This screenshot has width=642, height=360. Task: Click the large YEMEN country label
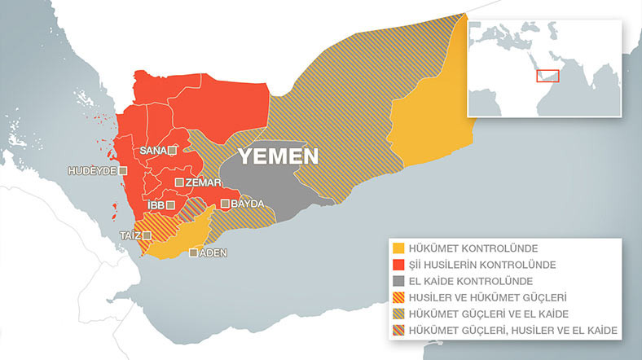(x=277, y=156)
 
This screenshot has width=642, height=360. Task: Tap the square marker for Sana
(x=173, y=151)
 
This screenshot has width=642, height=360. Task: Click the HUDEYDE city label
(x=92, y=172)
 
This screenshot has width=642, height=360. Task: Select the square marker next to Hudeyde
(x=123, y=172)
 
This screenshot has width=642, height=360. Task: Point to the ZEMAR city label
(x=199, y=182)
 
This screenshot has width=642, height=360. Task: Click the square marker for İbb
(x=170, y=205)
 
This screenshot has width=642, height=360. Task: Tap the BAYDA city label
(x=247, y=204)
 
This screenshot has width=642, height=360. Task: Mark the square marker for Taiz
(x=147, y=235)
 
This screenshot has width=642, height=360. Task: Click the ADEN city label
(x=213, y=253)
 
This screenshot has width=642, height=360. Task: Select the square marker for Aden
(x=193, y=253)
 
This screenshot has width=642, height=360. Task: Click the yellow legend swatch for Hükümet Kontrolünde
(x=398, y=248)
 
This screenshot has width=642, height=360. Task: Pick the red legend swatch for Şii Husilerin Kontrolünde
(x=398, y=265)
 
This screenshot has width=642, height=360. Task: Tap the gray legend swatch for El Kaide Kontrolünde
(x=398, y=281)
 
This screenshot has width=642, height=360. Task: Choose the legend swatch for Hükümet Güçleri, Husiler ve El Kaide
(x=398, y=330)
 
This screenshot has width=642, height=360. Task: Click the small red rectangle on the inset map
(x=546, y=76)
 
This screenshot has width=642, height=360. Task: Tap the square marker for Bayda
(x=225, y=204)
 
